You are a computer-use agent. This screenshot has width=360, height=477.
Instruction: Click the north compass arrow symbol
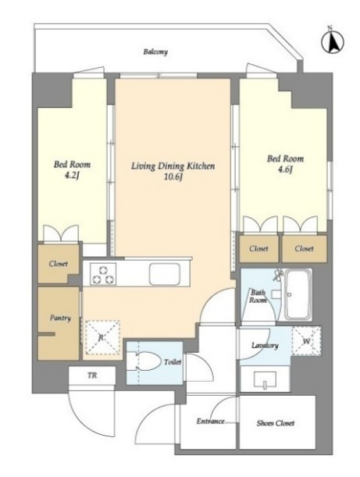click(333, 42)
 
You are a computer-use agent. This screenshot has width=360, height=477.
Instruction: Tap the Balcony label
click(155, 52)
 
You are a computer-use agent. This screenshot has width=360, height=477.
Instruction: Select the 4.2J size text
click(72, 176)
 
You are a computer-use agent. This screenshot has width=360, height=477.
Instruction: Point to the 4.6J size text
click(285, 169)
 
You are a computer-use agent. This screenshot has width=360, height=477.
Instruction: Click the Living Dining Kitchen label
click(173, 166)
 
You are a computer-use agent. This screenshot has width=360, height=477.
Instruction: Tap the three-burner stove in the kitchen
click(103, 274)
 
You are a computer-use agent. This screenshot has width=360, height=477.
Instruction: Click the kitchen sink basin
click(164, 274)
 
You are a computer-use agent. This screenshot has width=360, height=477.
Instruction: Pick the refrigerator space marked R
click(102, 337)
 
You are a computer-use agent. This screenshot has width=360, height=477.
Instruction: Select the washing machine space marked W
click(306, 341)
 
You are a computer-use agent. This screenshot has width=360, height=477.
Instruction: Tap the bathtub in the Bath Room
click(298, 294)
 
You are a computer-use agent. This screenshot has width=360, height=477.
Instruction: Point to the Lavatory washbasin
click(265, 379)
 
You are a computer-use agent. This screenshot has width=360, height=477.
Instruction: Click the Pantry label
click(60, 319)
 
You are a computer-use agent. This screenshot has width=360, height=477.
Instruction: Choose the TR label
click(92, 376)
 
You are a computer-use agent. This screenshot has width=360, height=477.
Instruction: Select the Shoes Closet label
click(276, 423)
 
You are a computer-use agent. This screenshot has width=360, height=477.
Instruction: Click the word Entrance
click(210, 422)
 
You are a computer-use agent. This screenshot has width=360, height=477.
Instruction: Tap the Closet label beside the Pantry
click(58, 263)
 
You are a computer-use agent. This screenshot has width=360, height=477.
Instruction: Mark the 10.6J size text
click(173, 177)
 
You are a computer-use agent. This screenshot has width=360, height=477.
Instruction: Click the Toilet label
click(173, 362)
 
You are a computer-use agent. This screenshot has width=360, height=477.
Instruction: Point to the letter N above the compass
click(330, 27)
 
